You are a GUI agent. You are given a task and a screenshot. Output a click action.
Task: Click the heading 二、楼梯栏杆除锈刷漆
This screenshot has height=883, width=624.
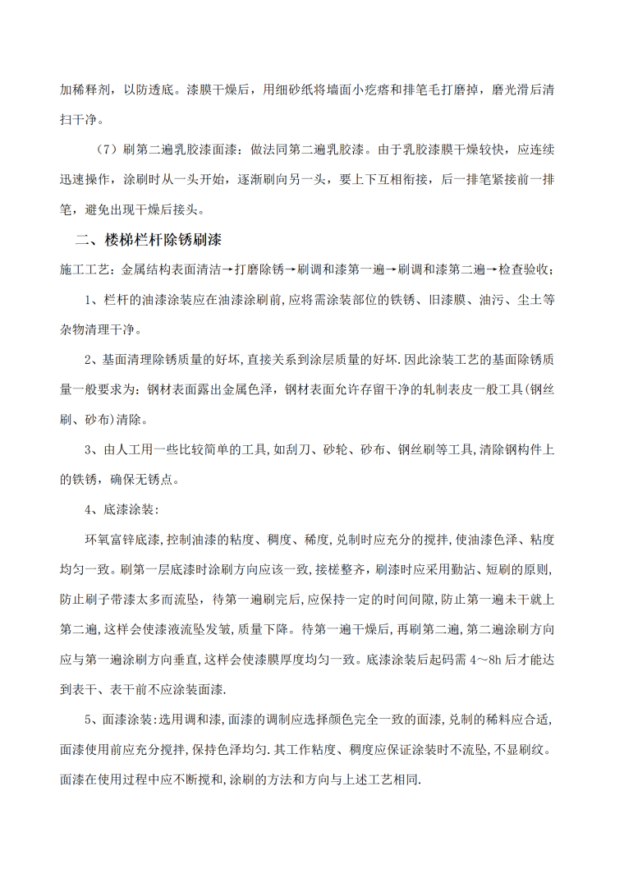pyautogui.click(x=148, y=241)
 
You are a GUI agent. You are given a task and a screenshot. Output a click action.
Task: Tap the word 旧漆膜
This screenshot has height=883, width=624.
pyautogui.click(x=445, y=301)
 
